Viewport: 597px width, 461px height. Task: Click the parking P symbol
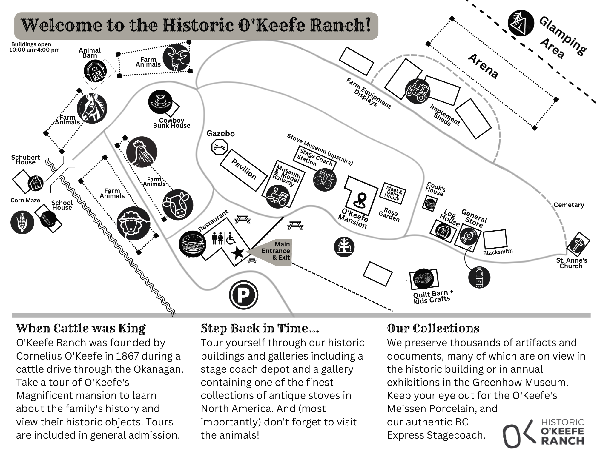tap(243, 295)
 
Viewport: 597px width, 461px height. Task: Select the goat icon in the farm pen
tap(176, 58)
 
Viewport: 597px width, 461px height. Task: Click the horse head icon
tap(92, 108)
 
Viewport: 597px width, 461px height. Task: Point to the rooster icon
tap(142, 152)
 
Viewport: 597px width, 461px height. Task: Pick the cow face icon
tap(178, 205)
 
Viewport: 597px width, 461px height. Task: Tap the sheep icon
tap(133, 223)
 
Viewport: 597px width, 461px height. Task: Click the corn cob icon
tap(22, 222)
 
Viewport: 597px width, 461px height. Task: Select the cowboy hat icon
tap(160, 102)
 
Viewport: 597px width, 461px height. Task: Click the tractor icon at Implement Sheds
tap(418, 91)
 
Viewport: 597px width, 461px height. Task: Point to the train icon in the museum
tap(278, 196)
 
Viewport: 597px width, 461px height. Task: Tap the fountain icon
tap(344, 247)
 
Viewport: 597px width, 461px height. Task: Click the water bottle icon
tap(479, 277)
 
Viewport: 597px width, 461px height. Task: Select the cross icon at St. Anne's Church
tap(578, 245)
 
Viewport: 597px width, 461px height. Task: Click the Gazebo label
tap(220, 133)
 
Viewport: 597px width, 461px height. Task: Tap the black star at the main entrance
tap(238, 253)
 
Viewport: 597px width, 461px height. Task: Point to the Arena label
tap(483, 66)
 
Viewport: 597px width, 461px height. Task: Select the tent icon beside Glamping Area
tap(521, 23)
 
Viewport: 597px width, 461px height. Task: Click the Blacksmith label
tap(498, 252)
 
